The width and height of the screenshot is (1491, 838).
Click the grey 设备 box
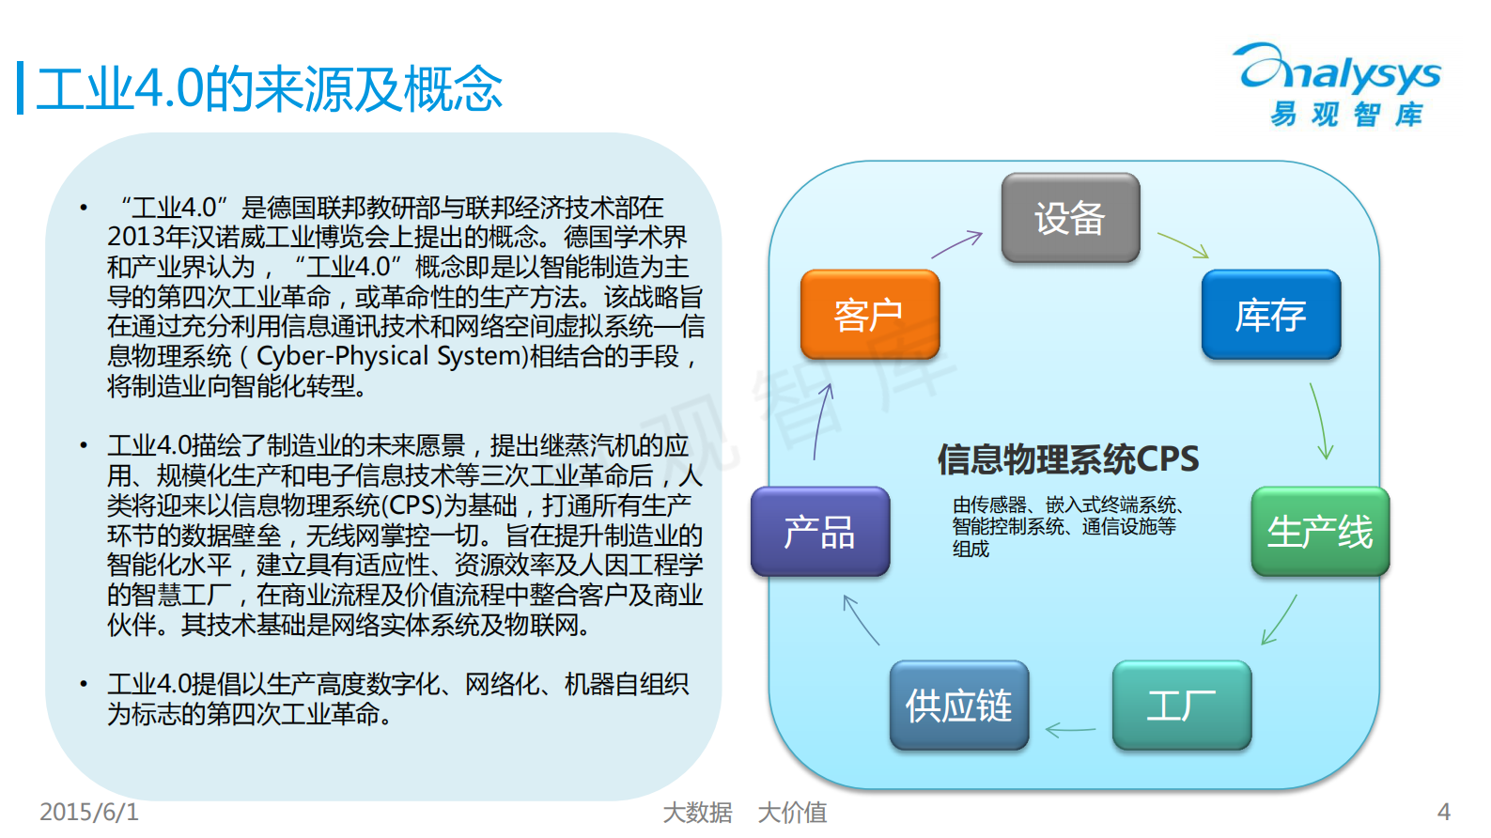[1070, 218]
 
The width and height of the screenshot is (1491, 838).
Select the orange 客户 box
[870, 315]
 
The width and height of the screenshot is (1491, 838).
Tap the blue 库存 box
[1270, 315]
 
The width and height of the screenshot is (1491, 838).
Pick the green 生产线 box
[1320, 532]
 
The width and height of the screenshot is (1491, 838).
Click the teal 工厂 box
[1182, 706]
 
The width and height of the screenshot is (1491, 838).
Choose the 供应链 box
[959, 706]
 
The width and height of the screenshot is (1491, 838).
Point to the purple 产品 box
[820, 532]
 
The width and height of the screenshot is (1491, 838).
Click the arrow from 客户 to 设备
[956, 244]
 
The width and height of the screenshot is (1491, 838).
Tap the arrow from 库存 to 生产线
[1321, 421]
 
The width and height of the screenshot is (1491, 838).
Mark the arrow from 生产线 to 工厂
[1279, 620]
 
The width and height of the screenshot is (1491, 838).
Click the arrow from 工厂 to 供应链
[1070, 729]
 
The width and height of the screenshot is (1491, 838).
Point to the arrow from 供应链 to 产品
[861, 620]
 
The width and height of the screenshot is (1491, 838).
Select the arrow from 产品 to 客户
[823, 421]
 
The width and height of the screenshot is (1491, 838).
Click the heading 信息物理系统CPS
[1068, 459]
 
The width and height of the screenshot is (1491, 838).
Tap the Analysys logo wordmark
[1340, 72]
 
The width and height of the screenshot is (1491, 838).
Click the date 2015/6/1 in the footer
[89, 812]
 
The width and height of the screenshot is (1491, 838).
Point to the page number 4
[1444, 812]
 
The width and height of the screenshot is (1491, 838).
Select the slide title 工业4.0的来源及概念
[269, 89]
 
